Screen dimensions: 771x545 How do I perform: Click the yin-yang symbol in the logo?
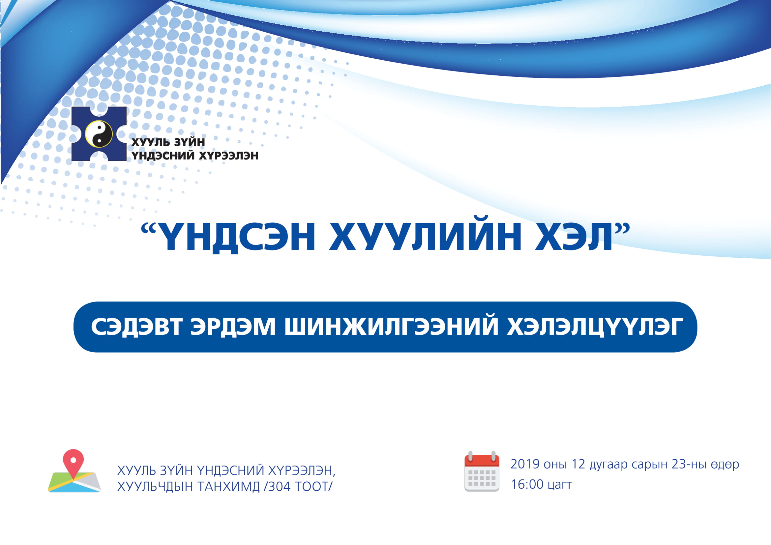point(99,134)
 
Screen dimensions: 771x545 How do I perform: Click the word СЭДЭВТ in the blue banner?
point(137,327)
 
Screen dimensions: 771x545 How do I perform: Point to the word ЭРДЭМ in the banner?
point(233,326)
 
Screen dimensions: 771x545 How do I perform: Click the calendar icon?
point(482,472)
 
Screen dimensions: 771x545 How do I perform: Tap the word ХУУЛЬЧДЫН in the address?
point(155,487)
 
